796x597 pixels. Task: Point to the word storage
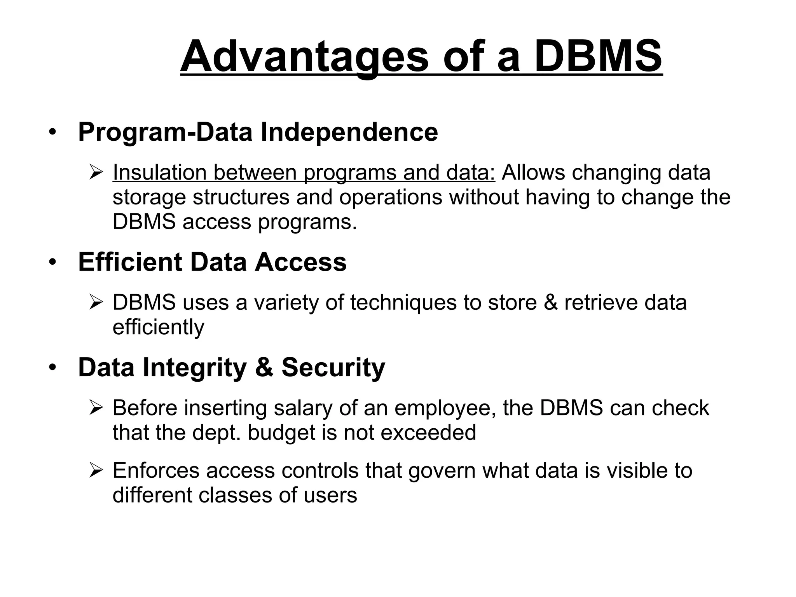[149, 198]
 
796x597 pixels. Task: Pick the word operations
[390, 197]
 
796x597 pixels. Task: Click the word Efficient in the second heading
[130, 262]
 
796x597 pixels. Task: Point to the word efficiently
[158, 327]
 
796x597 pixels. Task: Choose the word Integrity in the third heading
[194, 367]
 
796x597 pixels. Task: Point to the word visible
[638, 470]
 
